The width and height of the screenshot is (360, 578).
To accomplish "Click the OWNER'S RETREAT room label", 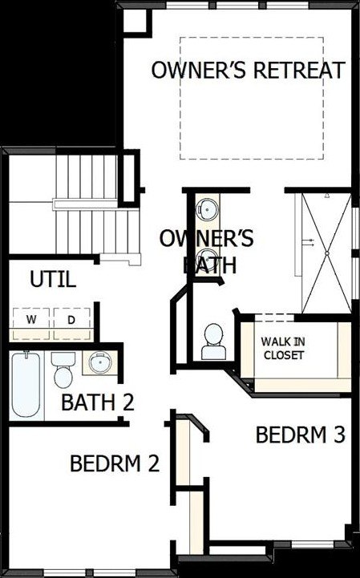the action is click(249, 70).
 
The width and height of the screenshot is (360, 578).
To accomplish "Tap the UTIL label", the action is click(53, 279).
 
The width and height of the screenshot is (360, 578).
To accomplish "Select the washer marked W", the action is click(31, 319).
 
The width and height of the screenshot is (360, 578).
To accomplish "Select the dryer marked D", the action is click(71, 319).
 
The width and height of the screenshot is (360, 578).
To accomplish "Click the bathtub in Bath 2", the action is click(26, 385).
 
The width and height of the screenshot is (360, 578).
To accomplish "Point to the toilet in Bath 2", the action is click(63, 370).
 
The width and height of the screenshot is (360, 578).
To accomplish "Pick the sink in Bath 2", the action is click(100, 362).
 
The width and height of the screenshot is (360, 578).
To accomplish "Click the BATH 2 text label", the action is click(97, 402).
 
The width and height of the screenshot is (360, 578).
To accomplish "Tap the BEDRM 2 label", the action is click(115, 463).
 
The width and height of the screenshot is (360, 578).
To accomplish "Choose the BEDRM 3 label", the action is click(301, 435).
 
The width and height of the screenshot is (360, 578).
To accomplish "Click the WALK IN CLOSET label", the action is click(283, 349).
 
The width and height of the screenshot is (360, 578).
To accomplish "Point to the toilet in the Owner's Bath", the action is click(213, 342).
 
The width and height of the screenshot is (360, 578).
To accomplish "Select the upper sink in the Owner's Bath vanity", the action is click(207, 209).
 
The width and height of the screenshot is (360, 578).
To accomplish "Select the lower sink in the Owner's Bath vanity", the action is click(207, 260).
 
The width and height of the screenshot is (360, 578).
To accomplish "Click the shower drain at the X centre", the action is click(326, 253).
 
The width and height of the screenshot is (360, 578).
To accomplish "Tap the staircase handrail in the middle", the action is click(85, 204).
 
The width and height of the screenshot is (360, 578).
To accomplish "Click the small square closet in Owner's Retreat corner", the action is click(136, 22).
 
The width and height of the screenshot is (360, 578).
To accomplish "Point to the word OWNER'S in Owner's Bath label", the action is click(206, 239).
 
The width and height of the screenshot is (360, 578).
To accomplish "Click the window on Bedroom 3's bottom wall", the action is click(313, 544).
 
